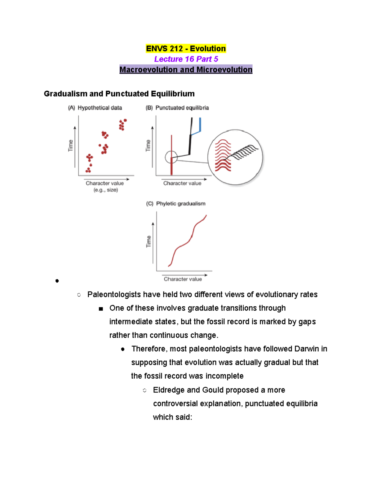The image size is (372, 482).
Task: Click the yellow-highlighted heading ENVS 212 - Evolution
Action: (x=186, y=49)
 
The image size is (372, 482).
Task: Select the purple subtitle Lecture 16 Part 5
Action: (x=186, y=59)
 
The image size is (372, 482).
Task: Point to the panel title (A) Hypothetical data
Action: (x=95, y=108)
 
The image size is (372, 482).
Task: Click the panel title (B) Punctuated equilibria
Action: (x=177, y=108)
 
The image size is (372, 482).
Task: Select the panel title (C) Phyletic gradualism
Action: (x=176, y=204)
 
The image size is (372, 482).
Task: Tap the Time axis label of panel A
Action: (x=71, y=145)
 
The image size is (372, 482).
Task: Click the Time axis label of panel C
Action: (x=149, y=241)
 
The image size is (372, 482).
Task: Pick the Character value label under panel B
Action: (x=182, y=183)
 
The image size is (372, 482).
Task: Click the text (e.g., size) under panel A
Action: (x=106, y=190)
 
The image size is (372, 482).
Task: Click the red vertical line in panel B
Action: (x=171, y=146)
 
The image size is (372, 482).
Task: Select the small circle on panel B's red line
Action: (x=171, y=157)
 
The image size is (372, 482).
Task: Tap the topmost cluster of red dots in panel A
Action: (x=122, y=124)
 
